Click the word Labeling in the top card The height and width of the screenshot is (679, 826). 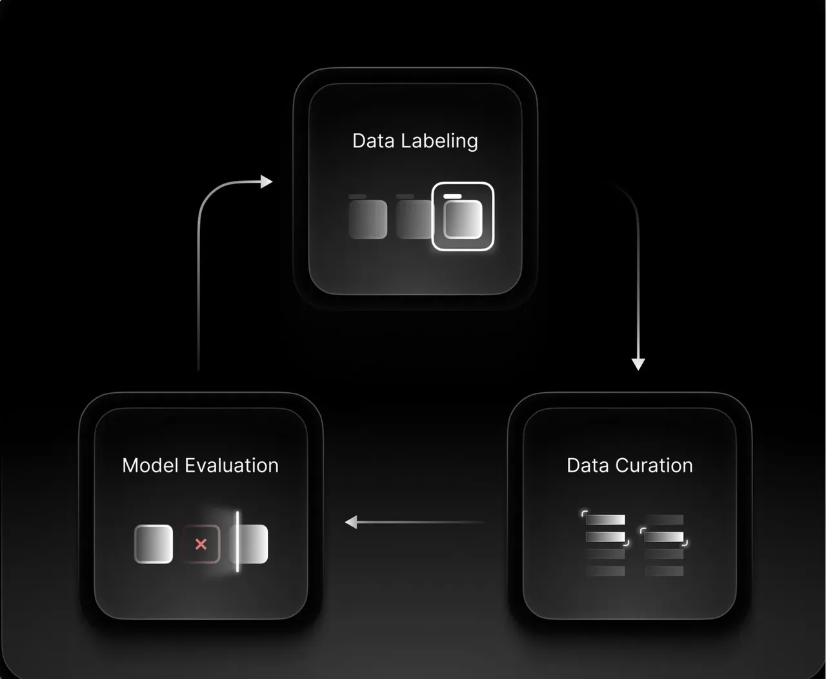[x=439, y=141]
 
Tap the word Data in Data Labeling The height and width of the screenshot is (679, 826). [x=373, y=141]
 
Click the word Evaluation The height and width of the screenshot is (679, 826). [x=232, y=465]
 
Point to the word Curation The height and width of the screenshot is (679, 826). [x=654, y=465]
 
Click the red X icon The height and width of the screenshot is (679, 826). [x=201, y=544]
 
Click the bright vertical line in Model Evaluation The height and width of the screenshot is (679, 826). [x=237, y=541]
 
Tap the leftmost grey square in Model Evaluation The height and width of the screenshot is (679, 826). [x=154, y=544]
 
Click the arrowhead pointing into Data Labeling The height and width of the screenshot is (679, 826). [x=267, y=182]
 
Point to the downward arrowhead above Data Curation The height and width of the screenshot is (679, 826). [x=638, y=364]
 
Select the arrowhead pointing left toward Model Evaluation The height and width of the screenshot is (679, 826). [x=351, y=522]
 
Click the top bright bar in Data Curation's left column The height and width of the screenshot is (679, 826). [x=605, y=520]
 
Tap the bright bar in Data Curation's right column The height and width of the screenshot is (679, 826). [x=664, y=537]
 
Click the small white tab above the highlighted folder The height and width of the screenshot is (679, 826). [x=452, y=196]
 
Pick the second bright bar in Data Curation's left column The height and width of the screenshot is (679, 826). [x=605, y=537]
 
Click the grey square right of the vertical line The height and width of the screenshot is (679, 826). [x=254, y=544]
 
